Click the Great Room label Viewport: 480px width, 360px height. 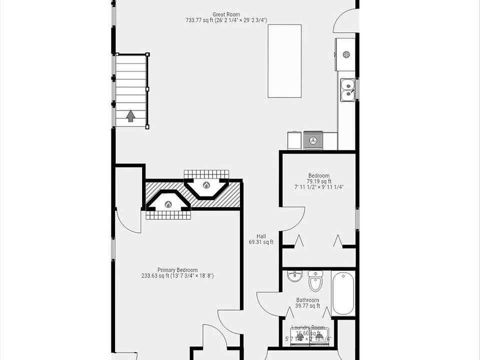(226, 14)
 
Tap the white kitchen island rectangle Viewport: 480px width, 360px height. (284, 60)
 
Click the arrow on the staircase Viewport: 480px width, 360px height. (130, 116)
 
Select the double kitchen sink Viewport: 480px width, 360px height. (347, 89)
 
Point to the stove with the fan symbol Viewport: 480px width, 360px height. (313, 140)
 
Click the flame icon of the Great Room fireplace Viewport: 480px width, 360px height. (206, 185)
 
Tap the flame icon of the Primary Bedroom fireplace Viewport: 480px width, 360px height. (168, 204)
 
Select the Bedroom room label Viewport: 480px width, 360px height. (318, 175)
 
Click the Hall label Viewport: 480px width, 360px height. (261, 236)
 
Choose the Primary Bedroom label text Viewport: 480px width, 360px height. (177, 269)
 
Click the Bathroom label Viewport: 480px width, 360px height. (307, 300)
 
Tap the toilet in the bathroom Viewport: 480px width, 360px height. (315, 282)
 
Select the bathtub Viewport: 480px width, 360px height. (343, 293)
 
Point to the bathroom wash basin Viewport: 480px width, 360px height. (294, 276)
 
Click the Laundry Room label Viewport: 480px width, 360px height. (307, 327)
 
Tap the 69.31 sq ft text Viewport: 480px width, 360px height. (261, 242)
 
